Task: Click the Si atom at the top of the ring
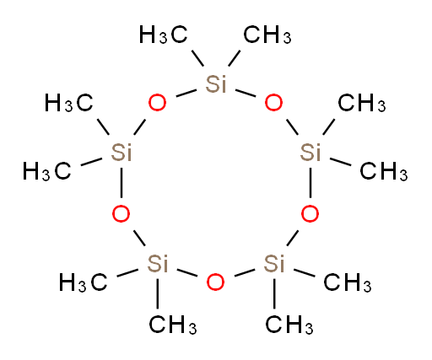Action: click(216, 83)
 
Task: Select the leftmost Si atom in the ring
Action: click(121, 153)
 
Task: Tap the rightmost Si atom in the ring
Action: click(310, 153)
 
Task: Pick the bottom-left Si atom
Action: click(158, 264)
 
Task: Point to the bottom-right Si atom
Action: click(274, 264)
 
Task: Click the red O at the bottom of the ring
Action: click(215, 282)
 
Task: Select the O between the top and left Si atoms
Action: click(157, 103)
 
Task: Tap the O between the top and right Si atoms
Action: click(273, 103)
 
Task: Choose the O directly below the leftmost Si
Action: click(121, 213)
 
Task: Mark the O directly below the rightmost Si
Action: click(310, 213)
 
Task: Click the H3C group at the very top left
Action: click(164, 35)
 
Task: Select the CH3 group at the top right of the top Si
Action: click(267, 35)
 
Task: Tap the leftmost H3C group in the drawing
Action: click(47, 171)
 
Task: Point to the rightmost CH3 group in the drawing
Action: click(384, 171)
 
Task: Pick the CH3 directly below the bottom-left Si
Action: click(173, 325)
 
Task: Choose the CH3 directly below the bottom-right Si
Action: click(289, 325)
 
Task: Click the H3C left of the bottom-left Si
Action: click(84, 282)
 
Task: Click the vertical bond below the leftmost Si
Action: click(121, 183)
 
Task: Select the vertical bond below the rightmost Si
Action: click(310, 183)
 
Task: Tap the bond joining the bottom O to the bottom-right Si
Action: click(245, 272)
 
